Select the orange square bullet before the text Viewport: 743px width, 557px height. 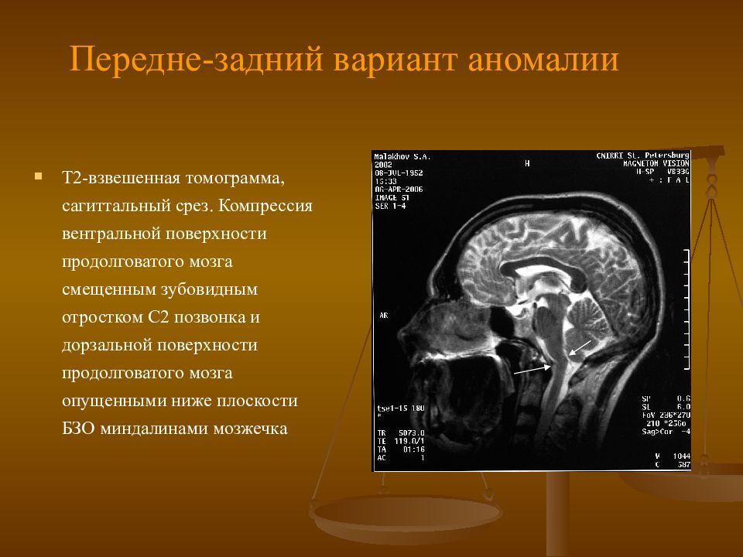(x=37, y=176)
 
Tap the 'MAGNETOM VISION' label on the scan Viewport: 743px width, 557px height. (x=656, y=163)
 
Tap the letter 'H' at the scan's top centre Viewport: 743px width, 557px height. (x=527, y=163)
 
